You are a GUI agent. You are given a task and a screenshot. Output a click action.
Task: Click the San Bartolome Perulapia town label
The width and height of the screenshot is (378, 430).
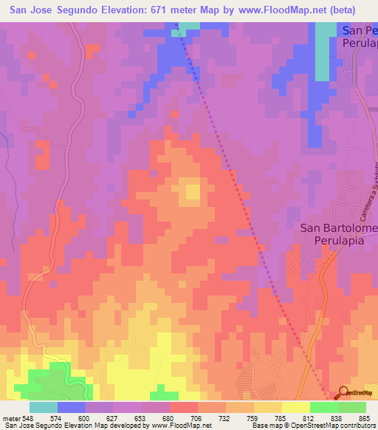pyautogui.click(x=339, y=234)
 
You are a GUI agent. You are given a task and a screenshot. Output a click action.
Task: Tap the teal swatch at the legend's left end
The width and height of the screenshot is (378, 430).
pyautogui.click(x=44, y=407)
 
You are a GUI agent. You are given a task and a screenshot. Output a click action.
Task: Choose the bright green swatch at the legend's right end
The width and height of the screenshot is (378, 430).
pyautogui.click(x=351, y=407)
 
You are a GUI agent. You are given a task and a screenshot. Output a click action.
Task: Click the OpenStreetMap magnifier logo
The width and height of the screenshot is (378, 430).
pyautogui.click(x=343, y=392)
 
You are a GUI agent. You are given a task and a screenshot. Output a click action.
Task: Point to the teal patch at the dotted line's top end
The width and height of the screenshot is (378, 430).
pyautogui.click(x=186, y=29)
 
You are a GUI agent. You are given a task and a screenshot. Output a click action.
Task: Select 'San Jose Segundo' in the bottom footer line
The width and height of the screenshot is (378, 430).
pyautogui.click(x=30, y=426)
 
